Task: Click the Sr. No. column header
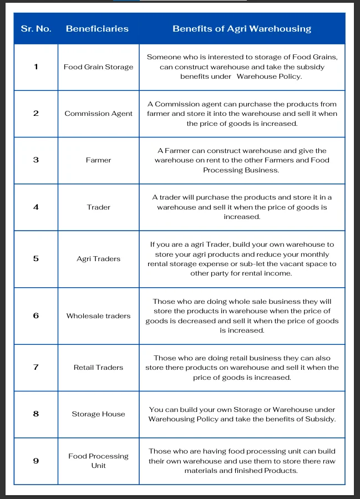(36, 29)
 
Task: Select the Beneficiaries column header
(97, 29)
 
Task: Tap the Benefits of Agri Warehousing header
(242, 29)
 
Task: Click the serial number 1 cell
(36, 67)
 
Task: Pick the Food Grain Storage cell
(98, 67)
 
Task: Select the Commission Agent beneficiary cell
(98, 114)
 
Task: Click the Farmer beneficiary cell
(98, 160)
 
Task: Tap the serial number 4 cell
(36, 207)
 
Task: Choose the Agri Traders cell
(98, 259)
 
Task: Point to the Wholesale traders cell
(98, 316)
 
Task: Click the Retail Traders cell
(98, 368)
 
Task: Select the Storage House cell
(98, 414)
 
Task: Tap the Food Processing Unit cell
(98, 461)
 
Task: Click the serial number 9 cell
(36, 461)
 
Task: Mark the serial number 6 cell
(36, 316)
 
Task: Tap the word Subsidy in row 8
(321, 419)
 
